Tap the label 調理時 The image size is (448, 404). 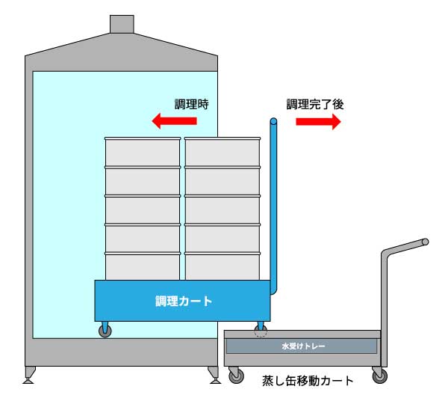191,105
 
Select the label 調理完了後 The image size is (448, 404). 314,105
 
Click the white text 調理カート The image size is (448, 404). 183,302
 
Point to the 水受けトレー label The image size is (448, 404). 302,347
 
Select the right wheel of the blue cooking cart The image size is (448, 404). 261,330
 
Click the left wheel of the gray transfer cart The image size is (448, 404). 237,377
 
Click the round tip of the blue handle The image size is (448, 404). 273,121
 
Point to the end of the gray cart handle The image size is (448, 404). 426,242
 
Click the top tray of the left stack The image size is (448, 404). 142,153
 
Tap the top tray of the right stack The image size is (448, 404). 223,153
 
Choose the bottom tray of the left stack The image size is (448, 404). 142,267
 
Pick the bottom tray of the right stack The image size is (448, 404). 223,267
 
